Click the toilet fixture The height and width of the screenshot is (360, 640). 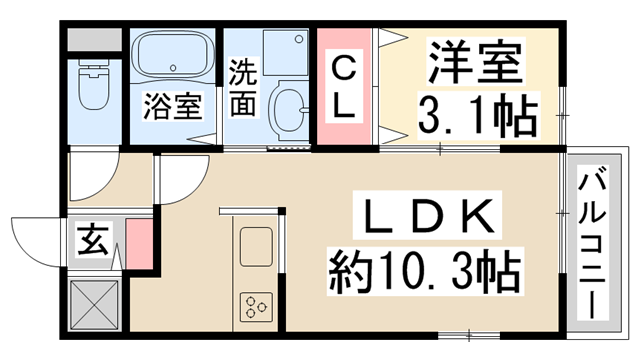pos(94,85)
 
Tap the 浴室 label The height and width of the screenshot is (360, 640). pos(173,106)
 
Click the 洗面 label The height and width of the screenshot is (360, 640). pos(243,87)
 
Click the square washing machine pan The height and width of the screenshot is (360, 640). pos(286,52)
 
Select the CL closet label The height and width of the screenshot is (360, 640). pos(344,86)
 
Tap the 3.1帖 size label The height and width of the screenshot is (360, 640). pos(477,114)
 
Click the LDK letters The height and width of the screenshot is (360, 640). pos(427,215)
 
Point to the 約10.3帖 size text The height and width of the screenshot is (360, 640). pos(424,271)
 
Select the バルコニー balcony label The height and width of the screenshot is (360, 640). pos(593,242)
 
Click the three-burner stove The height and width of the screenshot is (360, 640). pos(256,306)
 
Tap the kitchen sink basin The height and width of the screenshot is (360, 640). pos(256,247)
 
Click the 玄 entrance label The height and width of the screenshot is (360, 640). pos(93,240)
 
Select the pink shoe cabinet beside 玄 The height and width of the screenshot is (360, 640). pos(139,244)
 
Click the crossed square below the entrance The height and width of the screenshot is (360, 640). pos(94,304)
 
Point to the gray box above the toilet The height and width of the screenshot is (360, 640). pos(94,40)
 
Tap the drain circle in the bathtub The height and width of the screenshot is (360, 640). pos(173,68)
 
